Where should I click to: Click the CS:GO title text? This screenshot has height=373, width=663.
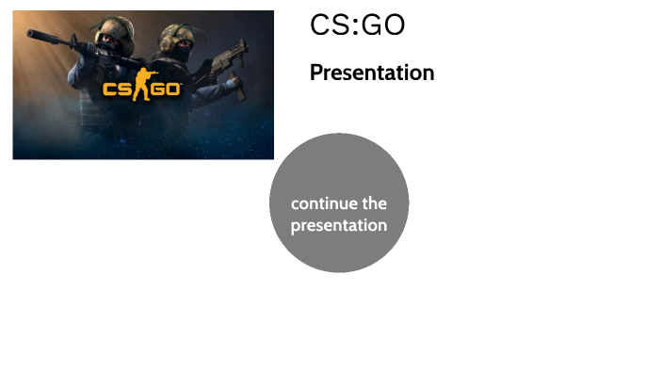point(357,26)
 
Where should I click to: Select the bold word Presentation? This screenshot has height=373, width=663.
point(372,73)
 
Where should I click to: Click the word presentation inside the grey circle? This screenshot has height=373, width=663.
point(338,226)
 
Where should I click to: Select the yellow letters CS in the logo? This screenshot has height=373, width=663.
point(118,89)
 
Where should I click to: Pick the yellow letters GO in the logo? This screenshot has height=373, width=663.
point(167,89)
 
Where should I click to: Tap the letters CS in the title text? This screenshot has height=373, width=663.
point(330,26)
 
